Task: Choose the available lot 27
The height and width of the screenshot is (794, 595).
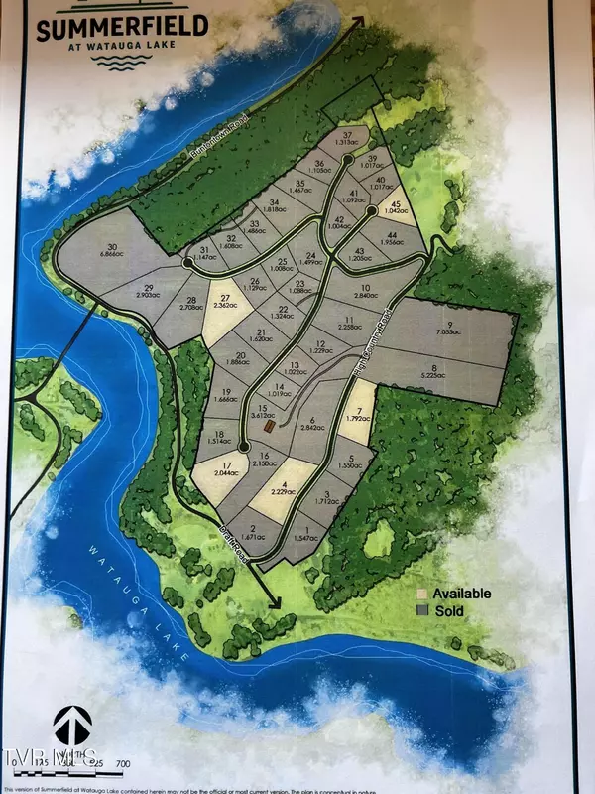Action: [225, 304]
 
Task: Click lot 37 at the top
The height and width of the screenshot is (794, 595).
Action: [347, 140]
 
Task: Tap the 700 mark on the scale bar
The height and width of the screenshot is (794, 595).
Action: [123, 761]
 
